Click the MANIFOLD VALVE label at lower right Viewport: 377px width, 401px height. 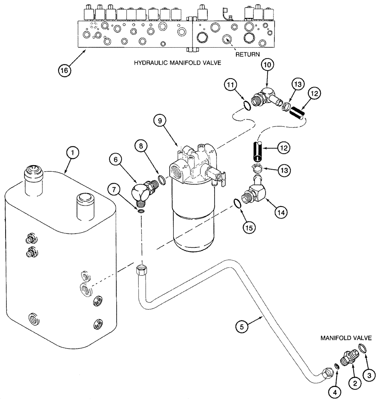point(346,338)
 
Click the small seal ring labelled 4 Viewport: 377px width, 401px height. point(336,366)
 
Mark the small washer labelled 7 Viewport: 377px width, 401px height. point(141,211)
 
